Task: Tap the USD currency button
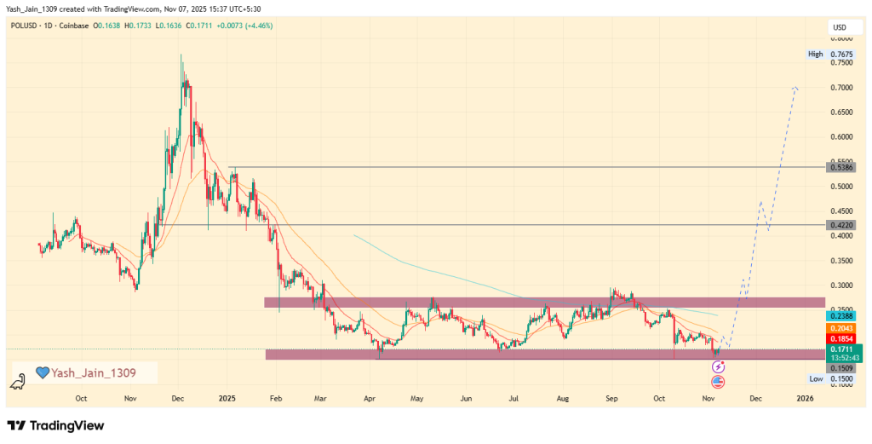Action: point(839,28)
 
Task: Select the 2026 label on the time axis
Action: point(805,398)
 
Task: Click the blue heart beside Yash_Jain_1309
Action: point(43,372)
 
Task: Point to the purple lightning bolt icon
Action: point(718,366)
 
